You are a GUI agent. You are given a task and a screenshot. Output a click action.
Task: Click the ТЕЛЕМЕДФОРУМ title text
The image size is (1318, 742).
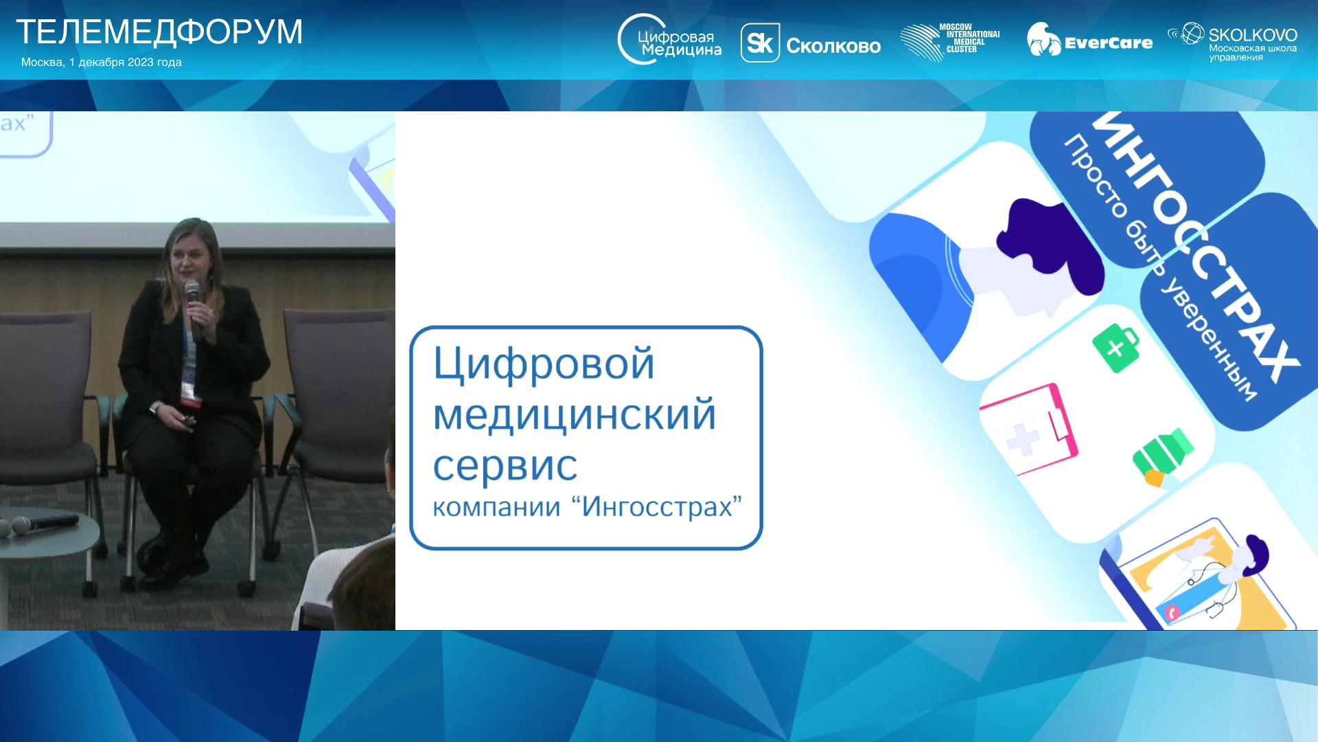point(159,32)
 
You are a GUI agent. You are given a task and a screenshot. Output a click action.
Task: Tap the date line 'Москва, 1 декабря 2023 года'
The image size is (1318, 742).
point(102,62)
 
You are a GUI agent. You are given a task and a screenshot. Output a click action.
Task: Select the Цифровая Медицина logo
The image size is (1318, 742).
point(669,39)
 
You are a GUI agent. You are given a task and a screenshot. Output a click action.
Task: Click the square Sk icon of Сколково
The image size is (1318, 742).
point(760,43)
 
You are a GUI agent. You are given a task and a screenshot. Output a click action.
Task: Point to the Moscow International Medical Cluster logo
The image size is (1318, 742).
point(950,42)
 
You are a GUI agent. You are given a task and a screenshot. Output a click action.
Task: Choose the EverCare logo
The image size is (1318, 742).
point(1089,40)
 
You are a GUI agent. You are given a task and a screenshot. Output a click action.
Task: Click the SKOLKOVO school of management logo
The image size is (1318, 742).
point(1232,42)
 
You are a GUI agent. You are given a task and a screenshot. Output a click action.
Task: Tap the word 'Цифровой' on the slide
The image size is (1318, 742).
point(544,363)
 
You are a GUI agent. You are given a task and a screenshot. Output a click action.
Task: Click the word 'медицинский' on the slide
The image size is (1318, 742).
point(575,414)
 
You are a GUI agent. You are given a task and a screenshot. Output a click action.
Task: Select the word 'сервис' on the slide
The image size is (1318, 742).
point(505,466)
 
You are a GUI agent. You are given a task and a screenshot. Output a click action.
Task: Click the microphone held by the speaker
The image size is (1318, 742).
point(194,309)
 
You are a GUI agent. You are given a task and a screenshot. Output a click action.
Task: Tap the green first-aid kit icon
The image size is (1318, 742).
point(1116,348)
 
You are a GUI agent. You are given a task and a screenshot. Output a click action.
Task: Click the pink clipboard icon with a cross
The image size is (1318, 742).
point(1029,429)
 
